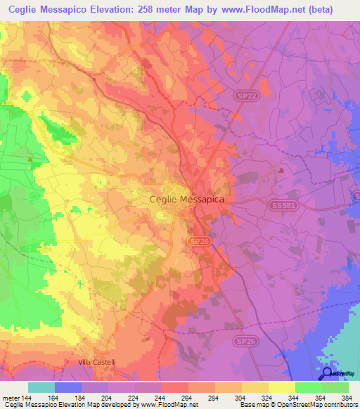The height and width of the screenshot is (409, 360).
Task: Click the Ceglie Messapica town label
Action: point(187,200)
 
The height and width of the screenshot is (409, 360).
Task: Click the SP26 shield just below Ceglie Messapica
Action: point(198,241)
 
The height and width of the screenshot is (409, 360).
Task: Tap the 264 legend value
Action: point(186,397)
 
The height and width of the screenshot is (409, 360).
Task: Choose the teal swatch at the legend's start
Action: point(41,387)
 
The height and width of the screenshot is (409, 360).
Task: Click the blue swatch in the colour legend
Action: point(68,387)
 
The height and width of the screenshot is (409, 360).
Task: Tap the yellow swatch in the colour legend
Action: point(281,387)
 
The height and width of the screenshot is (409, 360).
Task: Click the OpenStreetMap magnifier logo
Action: point(327,373)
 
